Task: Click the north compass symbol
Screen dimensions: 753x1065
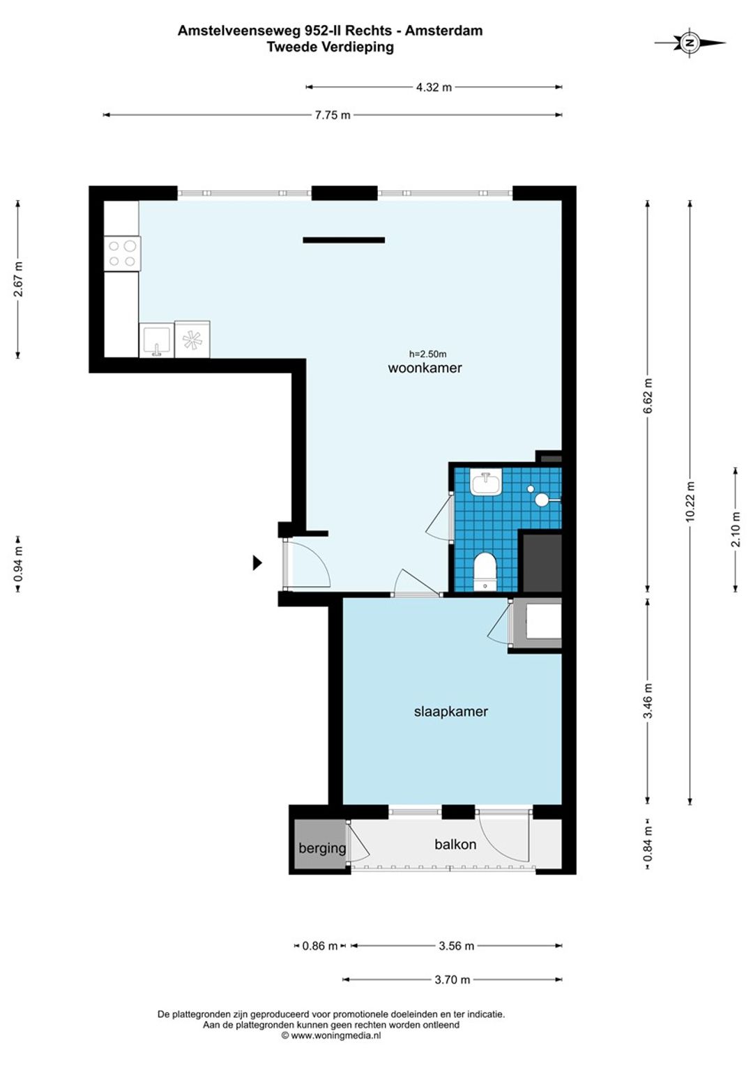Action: click(690, 43)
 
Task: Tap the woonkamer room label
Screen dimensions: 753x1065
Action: click(425, 368)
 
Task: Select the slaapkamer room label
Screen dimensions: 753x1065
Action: click(451, 712)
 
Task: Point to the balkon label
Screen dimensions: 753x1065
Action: click(455, 844)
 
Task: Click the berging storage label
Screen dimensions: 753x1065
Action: click(322, 848)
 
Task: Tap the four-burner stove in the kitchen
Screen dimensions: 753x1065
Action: click(122, 254)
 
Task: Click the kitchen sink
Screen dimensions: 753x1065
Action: click(156, 339)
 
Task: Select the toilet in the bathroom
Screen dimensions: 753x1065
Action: click(485, 571)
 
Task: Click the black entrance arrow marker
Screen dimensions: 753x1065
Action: click(257, 563)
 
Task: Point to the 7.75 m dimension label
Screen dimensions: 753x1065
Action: click(333, 115)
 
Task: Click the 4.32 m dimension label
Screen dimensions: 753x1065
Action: click(434, 88)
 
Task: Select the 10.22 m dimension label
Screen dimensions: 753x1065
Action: click(691, 502)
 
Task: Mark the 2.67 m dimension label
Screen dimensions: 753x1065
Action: click(18, 279)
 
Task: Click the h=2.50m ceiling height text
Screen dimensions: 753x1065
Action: click(427, 354)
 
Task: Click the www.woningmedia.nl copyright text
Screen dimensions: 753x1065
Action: click(331, 1036)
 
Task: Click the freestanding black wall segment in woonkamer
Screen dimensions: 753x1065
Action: click(344, 240)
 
